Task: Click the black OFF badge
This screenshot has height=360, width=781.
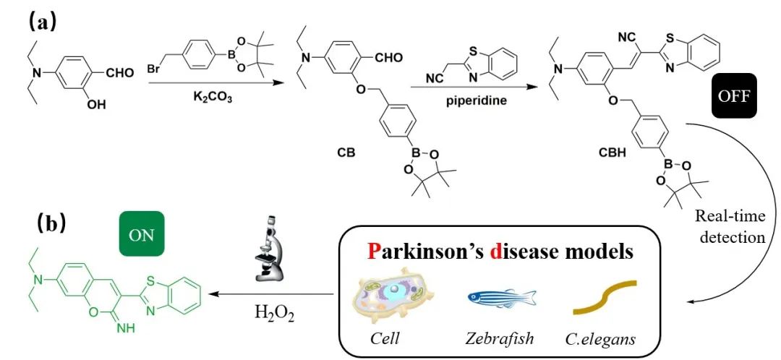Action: pyautogui.click(x=734, y=95)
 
